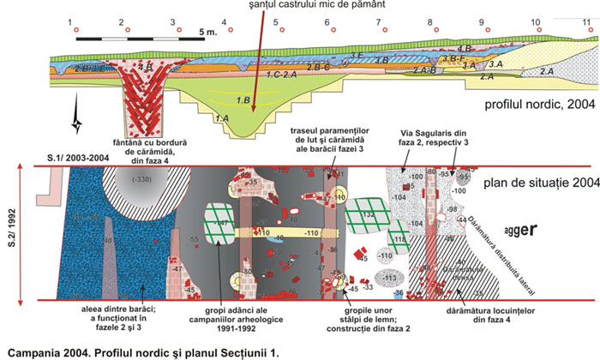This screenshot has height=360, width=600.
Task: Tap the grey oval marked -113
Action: [x=391, y=278]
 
